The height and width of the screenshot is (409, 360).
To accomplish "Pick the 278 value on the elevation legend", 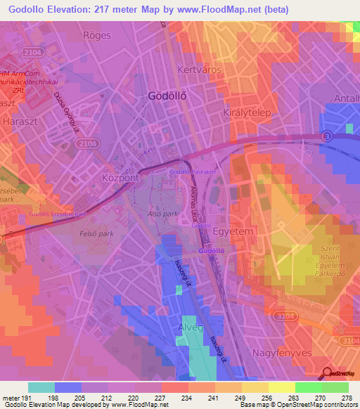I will click(347, 397).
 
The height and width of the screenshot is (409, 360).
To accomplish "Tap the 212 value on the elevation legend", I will click(106, 397).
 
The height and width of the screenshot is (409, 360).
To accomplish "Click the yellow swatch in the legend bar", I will click(281, 387).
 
